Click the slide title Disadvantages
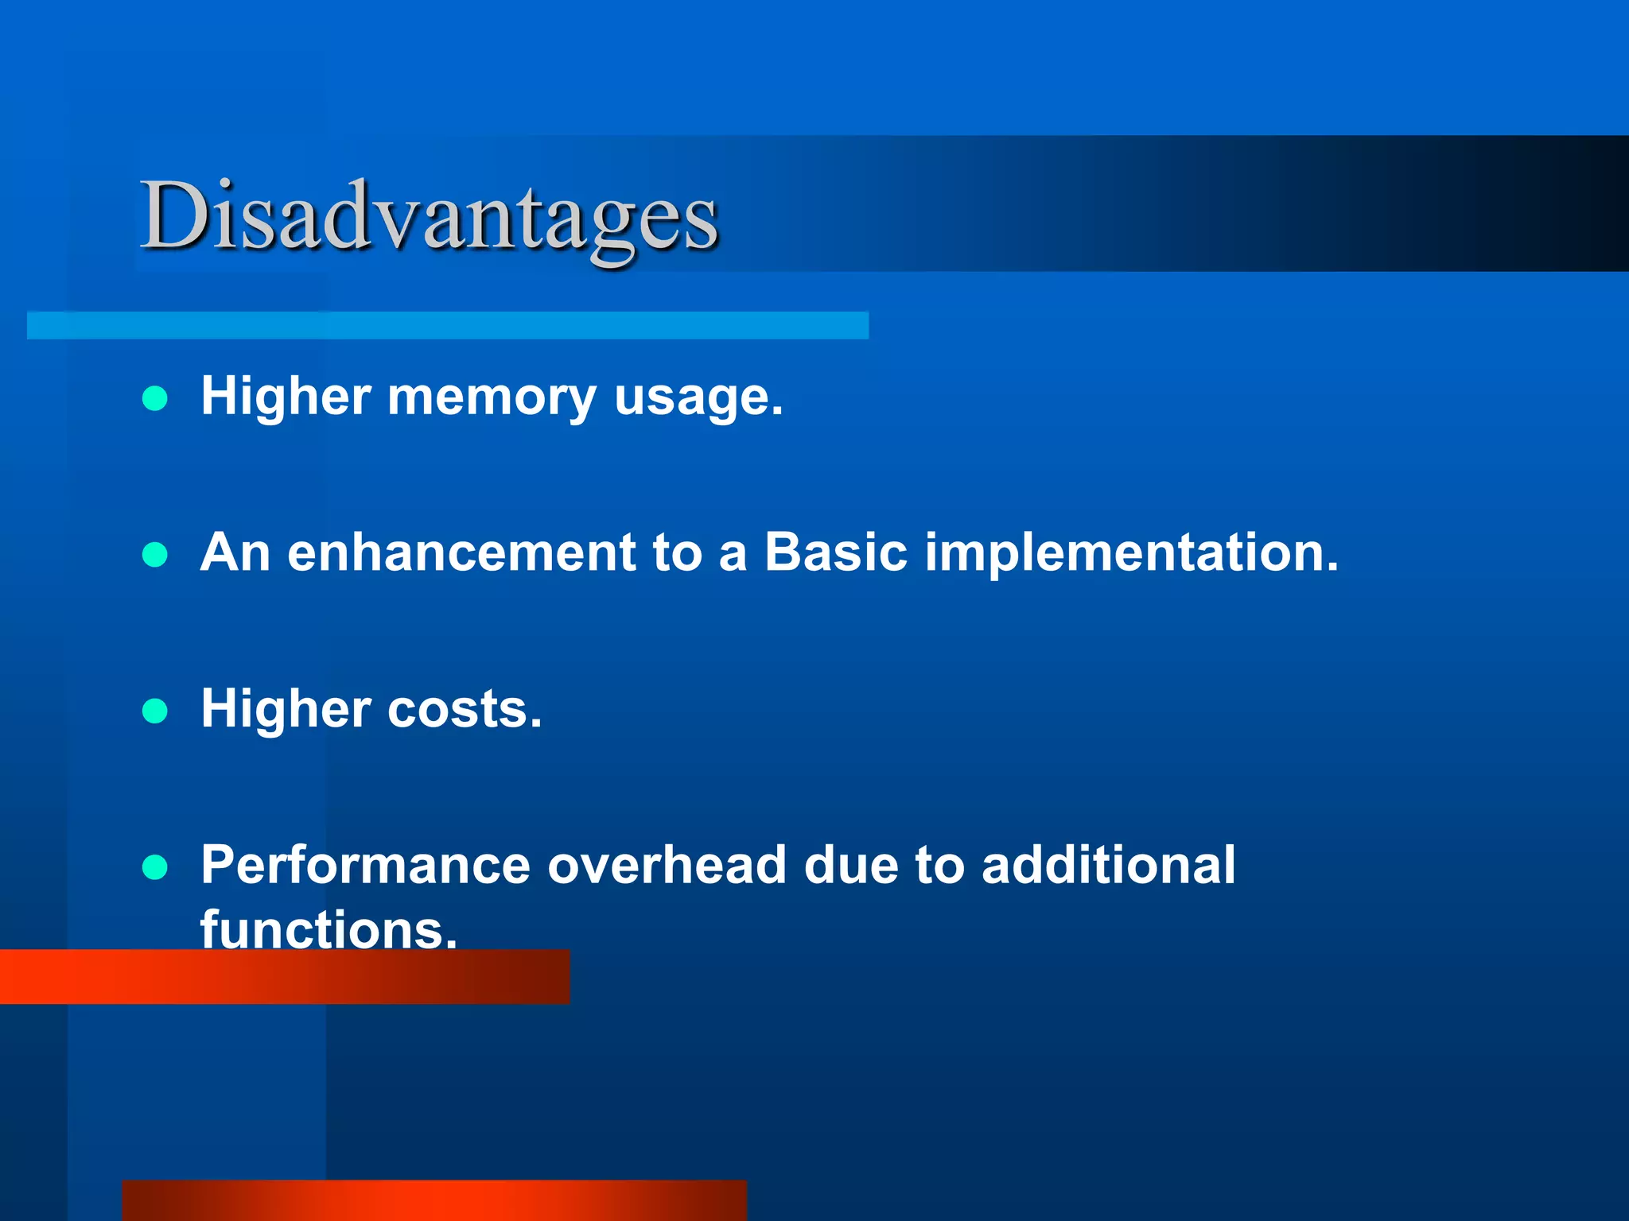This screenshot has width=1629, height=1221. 430,216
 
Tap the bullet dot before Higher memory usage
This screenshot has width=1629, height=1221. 154,398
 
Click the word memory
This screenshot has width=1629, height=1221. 491,397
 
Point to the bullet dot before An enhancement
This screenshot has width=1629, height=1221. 154,554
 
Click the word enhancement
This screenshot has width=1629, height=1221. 461,552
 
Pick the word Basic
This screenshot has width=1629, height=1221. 835,552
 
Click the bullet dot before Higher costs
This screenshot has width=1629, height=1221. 154,711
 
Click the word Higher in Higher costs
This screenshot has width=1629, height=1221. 286,709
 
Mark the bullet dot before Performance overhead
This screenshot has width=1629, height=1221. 154,867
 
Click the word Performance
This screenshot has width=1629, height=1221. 365,866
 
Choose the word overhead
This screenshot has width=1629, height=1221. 667,866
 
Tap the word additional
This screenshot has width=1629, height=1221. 1108,866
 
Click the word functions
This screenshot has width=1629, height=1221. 328,928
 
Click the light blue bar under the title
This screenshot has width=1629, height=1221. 447,325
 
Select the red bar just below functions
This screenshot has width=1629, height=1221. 284,978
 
